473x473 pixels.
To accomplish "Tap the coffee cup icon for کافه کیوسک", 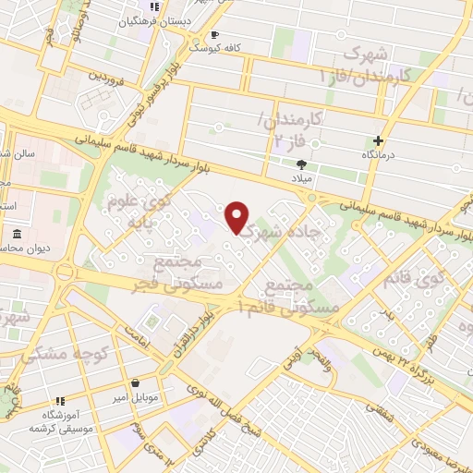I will point(215,34).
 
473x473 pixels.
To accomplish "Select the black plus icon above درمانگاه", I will point(378,140).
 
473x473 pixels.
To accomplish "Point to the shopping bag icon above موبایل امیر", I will point(136,382).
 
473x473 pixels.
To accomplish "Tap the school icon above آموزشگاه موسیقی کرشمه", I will point(60,401).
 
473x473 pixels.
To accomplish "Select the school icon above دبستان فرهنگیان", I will point(154,8).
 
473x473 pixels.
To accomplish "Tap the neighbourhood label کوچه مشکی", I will point(67,353).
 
